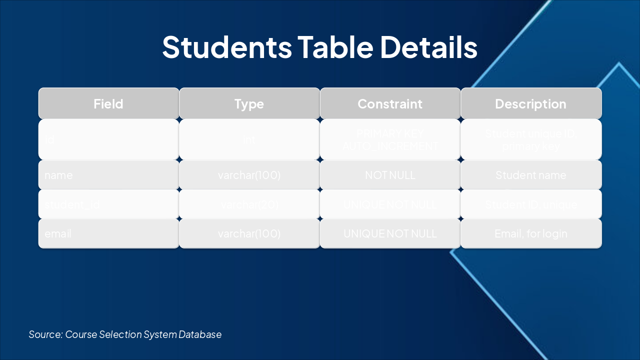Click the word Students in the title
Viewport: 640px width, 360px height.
(x=226, y=47)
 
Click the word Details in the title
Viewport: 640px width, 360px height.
(x=428, y=47)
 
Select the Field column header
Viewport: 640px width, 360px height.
(x=108, y=104)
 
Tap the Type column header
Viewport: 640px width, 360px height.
(x=249, y=104)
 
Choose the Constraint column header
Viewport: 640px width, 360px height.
(x=390, y=104)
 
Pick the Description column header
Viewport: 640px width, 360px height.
(x=530, y=104)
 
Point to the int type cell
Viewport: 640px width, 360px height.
(x=249, y=140)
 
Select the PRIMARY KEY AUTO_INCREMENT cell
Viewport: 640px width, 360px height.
(x=390, y=140)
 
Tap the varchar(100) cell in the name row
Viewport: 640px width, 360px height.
(x=249, y=175)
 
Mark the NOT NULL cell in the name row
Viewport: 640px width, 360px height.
(x=390, y=175)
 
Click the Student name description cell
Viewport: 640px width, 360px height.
(x=530, y=175)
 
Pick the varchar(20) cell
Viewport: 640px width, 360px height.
(x=249, y=204)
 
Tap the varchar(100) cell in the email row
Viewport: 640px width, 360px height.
(x=249, y=233)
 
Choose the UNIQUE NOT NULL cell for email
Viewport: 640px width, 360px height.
(x=390, y=233)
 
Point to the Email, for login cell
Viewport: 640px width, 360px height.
(x=530, y=233)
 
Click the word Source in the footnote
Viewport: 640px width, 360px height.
(x=45, y=334)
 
